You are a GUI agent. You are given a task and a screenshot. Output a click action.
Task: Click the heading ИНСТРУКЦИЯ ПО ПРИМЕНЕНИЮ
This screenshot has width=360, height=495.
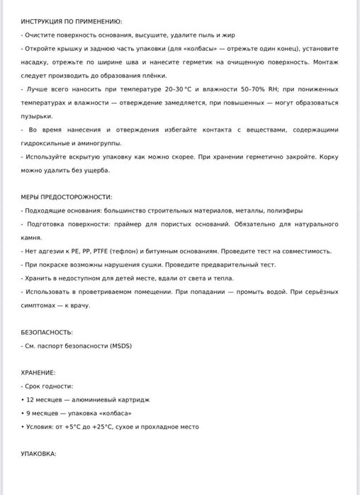coord(72,22)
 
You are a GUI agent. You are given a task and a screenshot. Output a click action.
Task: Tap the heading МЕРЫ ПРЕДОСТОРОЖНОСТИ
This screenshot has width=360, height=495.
coord(67,196)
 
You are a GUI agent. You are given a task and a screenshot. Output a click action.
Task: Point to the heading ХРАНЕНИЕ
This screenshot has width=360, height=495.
coord(38,372)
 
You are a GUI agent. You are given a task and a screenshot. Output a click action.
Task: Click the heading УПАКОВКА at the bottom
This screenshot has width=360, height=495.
coord(38,453)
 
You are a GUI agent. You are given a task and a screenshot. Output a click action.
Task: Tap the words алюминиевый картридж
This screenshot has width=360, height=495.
coord(103,399)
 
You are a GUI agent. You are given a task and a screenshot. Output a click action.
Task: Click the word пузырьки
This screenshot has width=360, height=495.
coord(36,116)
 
